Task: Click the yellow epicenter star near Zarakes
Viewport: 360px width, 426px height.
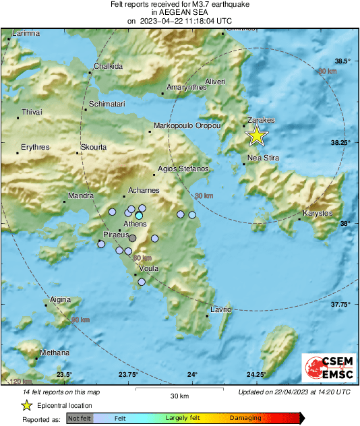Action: pyautogui.click(x=256, y=135)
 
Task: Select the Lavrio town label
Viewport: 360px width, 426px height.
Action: pyautogui.click(x=220, y=309)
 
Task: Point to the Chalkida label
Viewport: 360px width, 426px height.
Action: pyautogui.click(x=108, y=66)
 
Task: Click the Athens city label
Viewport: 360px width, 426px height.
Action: pyautogui.click(x=136, y=224)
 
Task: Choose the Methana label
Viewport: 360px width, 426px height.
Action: pyautogui.click(x=55, y=353)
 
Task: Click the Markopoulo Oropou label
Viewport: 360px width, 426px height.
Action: pyautogui.click(x=184, y=126)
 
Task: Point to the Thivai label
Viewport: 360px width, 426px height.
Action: pyautogui.click(x=32, y=112)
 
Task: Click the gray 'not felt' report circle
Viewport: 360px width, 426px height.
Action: pyautogui.click(x=133, y=238)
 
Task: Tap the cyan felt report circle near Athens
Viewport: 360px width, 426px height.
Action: pyautogui.click(x=139, y=216)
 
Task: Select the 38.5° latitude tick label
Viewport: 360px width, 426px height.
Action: pyautogui.click(x=344, y=61)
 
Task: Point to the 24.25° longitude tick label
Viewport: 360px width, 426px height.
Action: pyautogui.click(x=256, y=375)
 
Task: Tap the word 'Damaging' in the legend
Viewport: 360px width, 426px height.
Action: pyautogui.click(x=245, y=419)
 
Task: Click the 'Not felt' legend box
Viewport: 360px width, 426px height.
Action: pyautogui.click(x=80, y=419)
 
